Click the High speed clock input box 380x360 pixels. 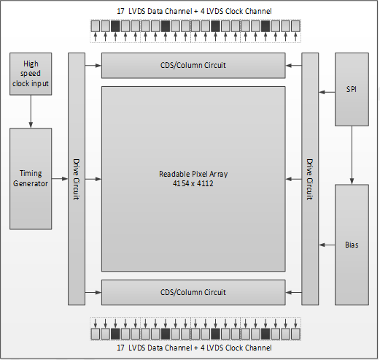(31, 74)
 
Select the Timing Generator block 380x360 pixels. (31, 179)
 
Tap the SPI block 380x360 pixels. (352, 89)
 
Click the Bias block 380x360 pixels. (352, 245)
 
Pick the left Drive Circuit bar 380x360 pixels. (77, 179)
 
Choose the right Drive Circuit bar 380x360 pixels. (310, 179)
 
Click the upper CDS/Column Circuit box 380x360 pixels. (193, 66)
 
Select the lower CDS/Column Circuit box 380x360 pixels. (193, 292)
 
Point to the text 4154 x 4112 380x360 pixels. (193, 183)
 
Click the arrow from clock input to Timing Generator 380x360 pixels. (31, 112)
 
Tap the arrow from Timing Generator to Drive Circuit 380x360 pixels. (60, 179)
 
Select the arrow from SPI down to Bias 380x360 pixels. (352, 155)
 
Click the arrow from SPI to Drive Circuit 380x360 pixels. (327, 92)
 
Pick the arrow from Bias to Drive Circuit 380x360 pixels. (327, 245)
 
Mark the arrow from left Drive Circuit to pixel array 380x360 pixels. (93, 179)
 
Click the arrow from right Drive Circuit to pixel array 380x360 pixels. (294, 179)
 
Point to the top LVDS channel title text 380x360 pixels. (194, 11)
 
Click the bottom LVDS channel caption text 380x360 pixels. (194, 348)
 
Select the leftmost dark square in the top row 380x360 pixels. (115, 26)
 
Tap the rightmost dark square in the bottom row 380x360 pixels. (265, 334)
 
